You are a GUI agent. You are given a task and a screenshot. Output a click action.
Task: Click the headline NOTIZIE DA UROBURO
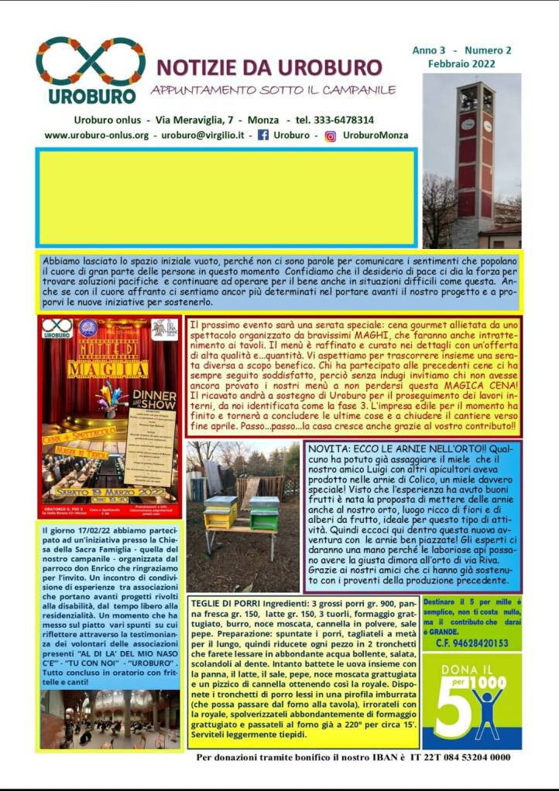point(269,67)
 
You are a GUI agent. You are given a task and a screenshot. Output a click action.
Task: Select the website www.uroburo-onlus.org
point(97,135)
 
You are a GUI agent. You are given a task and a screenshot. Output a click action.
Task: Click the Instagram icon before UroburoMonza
point(330,135)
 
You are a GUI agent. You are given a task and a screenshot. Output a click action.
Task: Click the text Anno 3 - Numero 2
point(461,50)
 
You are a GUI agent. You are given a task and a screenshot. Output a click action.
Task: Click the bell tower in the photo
point(475,155)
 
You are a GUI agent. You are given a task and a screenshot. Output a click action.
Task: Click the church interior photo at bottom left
point(109,719)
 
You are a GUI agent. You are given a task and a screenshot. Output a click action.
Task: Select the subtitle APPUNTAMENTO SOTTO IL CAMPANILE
point(273,90)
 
